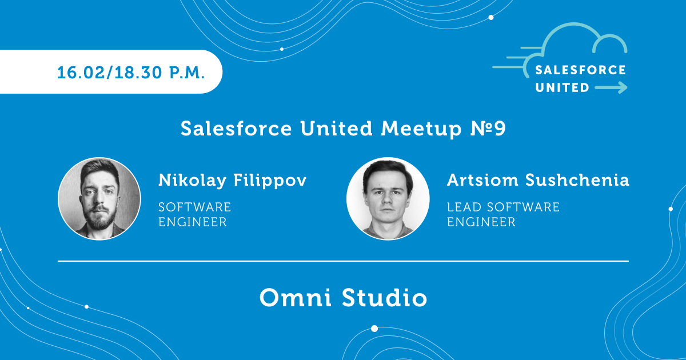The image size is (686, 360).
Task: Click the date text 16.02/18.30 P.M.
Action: [x=131, y=73]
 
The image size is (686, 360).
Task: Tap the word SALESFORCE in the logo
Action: [x=580, y=70]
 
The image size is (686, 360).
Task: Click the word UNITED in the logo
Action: [x=563, y=87]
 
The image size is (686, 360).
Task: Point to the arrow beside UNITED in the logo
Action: [x=611, y=87]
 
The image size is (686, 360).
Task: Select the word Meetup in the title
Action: [x=421, y=129]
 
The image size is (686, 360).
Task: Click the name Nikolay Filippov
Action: [x=232, y=180]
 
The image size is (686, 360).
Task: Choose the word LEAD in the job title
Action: [x=465, y=207]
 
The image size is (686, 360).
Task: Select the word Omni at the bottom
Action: [x=295, y=298]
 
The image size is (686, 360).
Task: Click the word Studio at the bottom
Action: [x=384, y=298]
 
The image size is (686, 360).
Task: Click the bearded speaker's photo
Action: [x=99, y=199]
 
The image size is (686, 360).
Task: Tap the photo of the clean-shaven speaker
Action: [x=388, y=199]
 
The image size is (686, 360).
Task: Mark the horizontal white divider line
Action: [x=343, y=261]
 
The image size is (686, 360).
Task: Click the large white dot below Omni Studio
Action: [x=374, y=329]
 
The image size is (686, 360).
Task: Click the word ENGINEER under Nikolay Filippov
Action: [x=193, y=222]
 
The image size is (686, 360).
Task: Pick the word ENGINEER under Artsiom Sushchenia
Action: [x=481, y=222]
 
